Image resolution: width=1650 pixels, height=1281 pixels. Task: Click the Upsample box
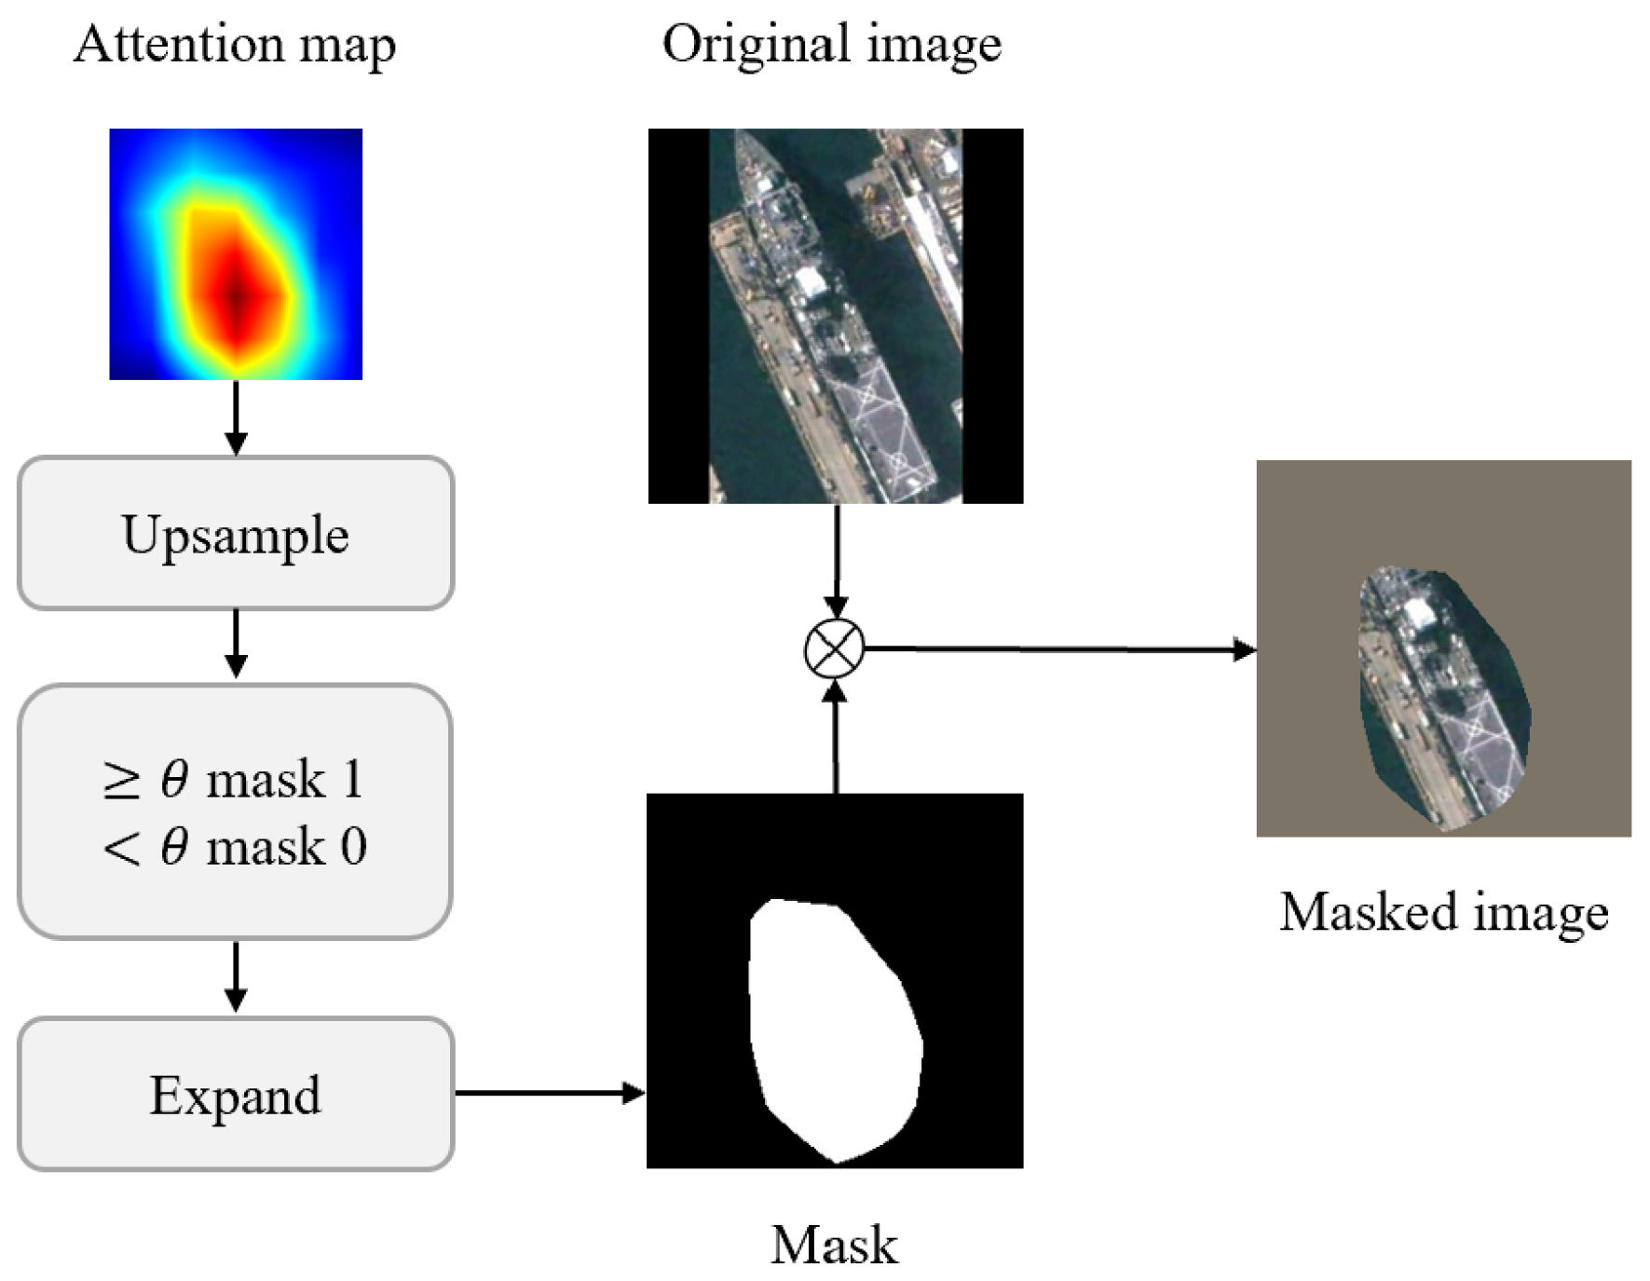(x=236, y=534)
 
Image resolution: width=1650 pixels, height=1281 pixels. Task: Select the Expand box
(x=236, y=1094)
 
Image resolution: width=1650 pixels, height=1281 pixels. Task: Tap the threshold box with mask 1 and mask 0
(x=236, y=811)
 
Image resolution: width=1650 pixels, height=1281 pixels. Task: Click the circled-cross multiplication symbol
(x=834, y=648)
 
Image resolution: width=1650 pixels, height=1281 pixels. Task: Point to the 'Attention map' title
(x=235, y=45)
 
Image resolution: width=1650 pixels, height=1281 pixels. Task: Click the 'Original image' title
(x=831, y=45)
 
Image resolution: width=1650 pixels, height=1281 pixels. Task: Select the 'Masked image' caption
(x=1443, y=911)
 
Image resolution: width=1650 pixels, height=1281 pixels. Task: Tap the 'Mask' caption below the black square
(x=834, y=1245)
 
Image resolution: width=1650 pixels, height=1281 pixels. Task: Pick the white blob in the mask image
(x=834, y=1025)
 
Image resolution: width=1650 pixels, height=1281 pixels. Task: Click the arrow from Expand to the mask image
(x=550, y=1093)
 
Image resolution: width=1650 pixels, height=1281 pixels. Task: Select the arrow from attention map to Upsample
(x=236, y=417)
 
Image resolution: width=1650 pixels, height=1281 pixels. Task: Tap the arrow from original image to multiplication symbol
(x=836, y=559)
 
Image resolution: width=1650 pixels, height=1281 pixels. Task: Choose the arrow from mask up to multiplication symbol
(x=836, y=736)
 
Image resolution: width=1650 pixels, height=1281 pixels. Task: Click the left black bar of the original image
(x=678, y=316)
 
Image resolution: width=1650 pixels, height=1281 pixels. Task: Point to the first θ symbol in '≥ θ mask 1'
(x=174, y=779)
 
